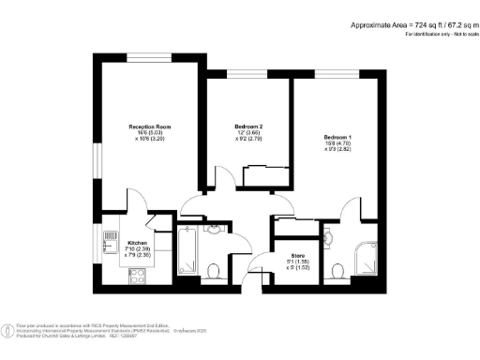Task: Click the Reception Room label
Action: [x=150, y=127]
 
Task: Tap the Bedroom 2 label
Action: [x=247, y=127]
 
